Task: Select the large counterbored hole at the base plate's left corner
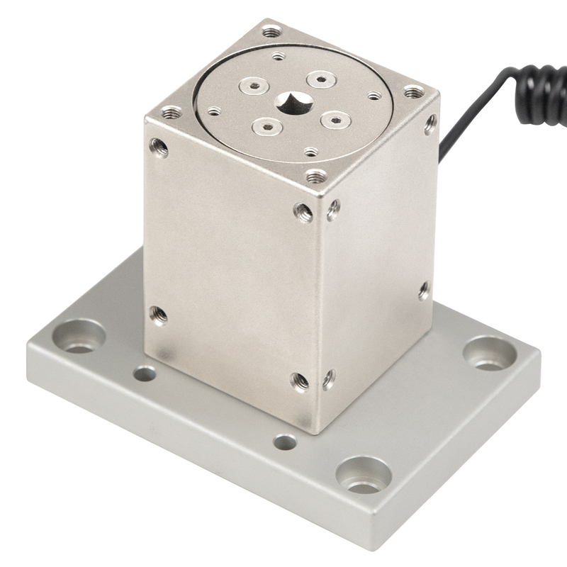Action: click(x=80, y=336)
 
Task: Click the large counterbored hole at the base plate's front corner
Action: click(x=364, y=476)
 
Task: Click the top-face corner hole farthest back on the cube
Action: click(x=272, y=32)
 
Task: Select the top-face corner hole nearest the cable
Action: click(x=414, y=92)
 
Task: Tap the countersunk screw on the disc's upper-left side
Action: click(x=252, y=86)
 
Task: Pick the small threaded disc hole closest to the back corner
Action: click(x=278, y=55)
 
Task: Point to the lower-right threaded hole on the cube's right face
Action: click(x=329, y=378)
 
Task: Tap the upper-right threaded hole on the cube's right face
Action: click(x=430, y=123)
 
